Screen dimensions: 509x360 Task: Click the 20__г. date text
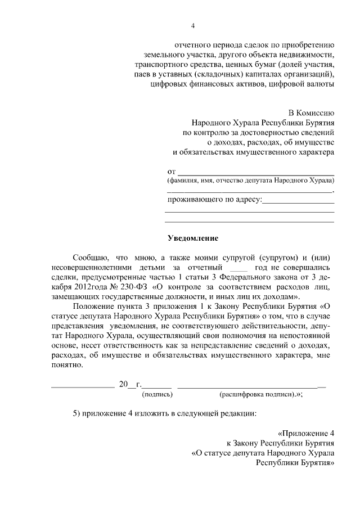coord(130,385)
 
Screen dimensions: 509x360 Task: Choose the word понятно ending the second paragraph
coord(66,365)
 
